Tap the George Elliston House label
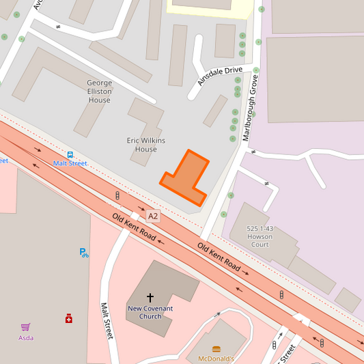99,92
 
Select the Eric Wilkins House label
146,145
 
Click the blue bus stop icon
70,154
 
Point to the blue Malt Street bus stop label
70,164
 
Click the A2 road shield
153,216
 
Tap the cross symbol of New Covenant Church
150,298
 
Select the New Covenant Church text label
150,312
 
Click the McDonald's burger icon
216,348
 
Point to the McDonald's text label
216,359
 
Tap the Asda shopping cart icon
26,327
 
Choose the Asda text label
26,337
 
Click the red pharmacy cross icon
69,319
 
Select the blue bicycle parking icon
83,253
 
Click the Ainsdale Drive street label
220,75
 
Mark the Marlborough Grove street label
251,108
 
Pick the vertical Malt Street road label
106,322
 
